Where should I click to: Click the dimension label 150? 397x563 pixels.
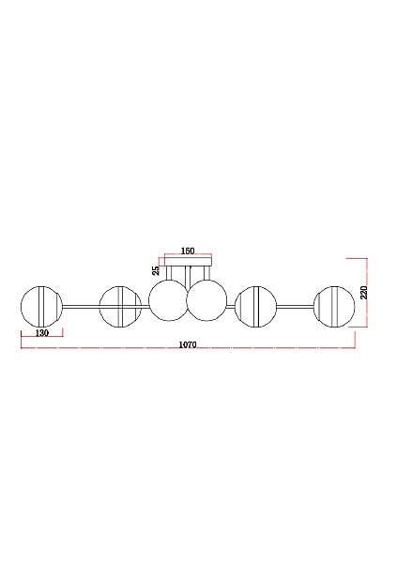tap(188, 251)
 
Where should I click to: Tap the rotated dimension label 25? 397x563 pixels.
tap(156, 270)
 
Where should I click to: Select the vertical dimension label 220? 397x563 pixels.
tap(363, 292)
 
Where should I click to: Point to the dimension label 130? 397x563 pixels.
tap(42, 333)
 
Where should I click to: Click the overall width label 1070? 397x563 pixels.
tap(188, 344)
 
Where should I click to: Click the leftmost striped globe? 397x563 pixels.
tap(41, 307)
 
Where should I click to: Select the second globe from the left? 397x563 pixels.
tap(120, 307)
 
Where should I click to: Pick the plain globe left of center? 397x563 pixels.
tap(169, 300)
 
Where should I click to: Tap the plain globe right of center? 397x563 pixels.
tap(206, 300)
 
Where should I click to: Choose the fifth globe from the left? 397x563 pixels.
tap(255, 307)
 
